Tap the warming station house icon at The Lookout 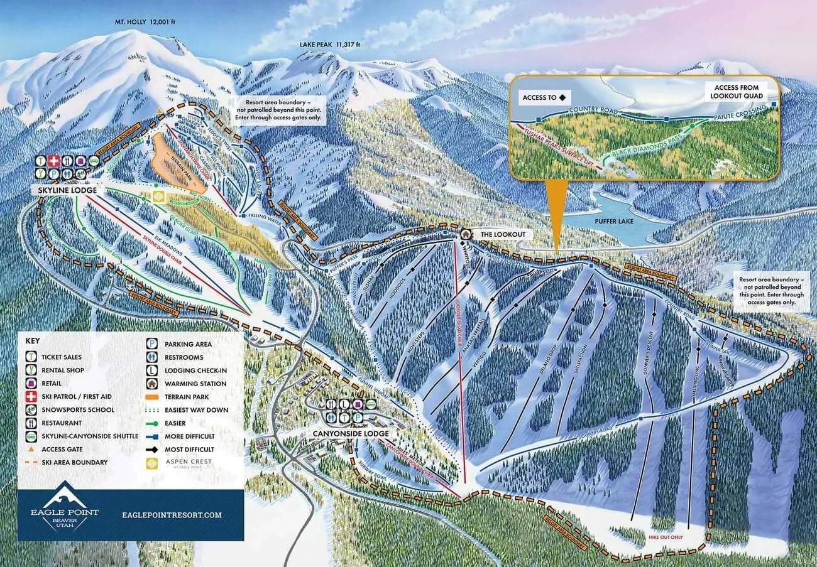pyautogui.click(x=466, y=234)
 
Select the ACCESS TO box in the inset pyautogui.click(x=544, y=97)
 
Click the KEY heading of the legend pyautogui.click(x=33, y=340)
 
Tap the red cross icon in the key pyautogui.click(x=30, y=396)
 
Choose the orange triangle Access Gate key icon pyautogui.click(x=30, y=449)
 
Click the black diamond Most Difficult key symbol pyautogui.click(x=152, y=449)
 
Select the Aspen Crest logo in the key pyautogui.click(x=152, y=463)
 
